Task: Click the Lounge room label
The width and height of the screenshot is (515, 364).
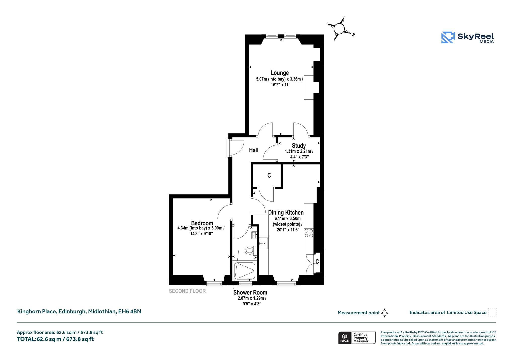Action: click(280, 73)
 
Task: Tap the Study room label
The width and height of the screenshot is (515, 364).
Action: click(299, 146)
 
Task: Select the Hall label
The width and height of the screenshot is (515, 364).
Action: click(254, 150)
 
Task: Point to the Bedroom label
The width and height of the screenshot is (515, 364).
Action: click(202, 223)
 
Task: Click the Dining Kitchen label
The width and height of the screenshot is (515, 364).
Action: click(286, 213)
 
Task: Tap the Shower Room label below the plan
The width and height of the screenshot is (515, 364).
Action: click(250, 292)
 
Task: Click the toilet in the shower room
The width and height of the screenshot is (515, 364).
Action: click(250, 251)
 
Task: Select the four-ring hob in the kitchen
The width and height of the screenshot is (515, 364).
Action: click(309, 233)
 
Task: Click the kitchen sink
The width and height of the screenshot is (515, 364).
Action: click(264, 244)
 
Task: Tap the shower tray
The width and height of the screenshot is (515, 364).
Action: click(245, 271)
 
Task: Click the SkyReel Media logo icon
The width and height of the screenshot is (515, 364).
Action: click(448, 37)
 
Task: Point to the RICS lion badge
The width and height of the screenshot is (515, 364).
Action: click(345, 338)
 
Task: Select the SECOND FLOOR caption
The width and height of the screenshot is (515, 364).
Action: click(187, 291)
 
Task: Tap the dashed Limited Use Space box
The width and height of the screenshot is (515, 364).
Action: click(492, 312)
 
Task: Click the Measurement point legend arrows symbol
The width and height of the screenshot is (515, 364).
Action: click(384, 313)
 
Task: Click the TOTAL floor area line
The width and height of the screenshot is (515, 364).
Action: click(55, 339)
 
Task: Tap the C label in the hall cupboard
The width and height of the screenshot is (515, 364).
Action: click(269, 175)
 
